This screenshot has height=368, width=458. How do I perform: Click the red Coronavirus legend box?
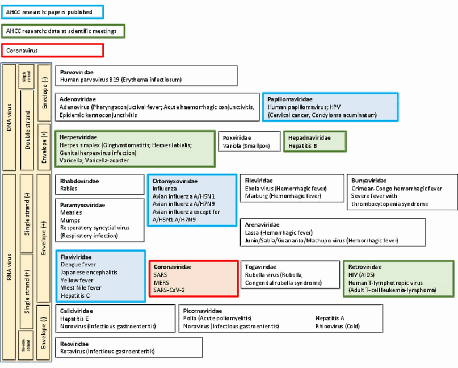[x=53, y=51]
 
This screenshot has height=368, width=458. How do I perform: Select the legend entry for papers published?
[x=53, y=12]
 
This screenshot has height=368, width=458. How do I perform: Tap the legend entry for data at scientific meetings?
[x=63, y=31]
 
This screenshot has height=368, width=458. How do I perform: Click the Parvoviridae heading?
[x=77, y=72]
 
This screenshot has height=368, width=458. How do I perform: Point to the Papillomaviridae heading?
[x=290, y=99]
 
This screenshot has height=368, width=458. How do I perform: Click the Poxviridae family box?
[x=249, y=141]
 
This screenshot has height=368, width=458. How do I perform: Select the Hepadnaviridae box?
[x=315, y=141]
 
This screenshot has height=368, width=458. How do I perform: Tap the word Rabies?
[x=69, y=189]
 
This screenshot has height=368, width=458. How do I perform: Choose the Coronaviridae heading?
[x=173, y=267]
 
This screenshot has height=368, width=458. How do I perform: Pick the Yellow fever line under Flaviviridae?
[x=77, y=280]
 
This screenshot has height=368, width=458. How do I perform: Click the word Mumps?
[x=70, y=220]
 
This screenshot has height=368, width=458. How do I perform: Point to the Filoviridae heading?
[x=259, y=181]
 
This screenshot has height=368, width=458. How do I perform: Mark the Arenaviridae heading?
[x=262, y=224]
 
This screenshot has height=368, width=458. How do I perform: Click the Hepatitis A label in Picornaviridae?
[x=330, y=318]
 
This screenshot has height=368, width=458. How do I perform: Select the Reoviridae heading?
[x=74, y=344]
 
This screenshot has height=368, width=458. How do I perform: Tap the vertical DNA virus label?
[x=9, y=117]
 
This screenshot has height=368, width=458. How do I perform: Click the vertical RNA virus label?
[x=9, y=267]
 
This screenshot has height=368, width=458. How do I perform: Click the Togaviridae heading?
[x=260, y=267]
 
